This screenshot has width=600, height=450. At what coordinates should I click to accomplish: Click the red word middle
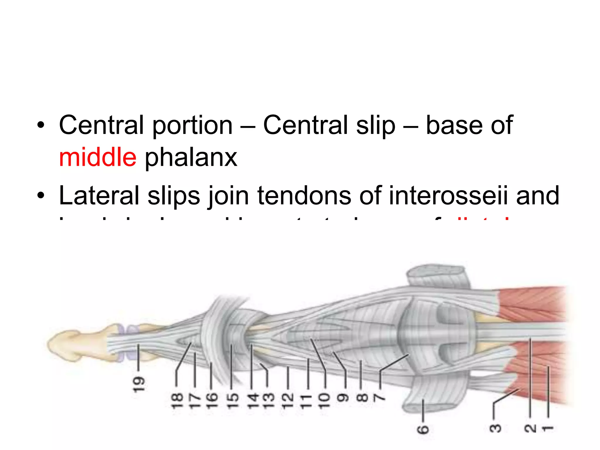pyautogui.click(x=98, y=158)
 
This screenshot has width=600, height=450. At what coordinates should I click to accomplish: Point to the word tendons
pyautogui.click(x=304, y=195)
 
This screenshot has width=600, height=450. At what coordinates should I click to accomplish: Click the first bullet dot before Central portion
pyautogui.click(x=41, y=125)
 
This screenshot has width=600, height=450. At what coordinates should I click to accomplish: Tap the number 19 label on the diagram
pyautogui.click(x=139, y=384)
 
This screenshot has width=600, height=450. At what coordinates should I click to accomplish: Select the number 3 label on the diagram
pyautogui.click(x=495, y=428)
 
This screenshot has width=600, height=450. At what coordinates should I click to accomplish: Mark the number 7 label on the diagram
pyautogui.click(x=380, y=398)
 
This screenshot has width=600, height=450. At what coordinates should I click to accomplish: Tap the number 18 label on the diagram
pyautogui.click(x=176, y=400)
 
